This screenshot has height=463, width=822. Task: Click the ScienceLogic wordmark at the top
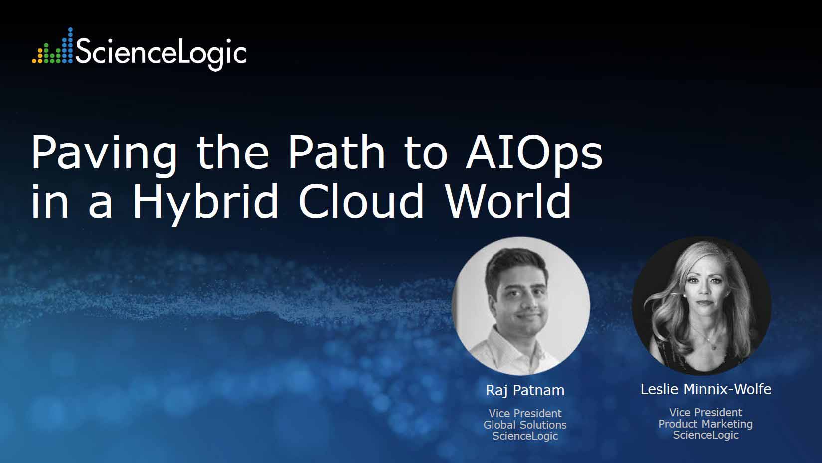[x=161, y=52]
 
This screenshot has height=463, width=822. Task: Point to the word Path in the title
[x=337, y=152]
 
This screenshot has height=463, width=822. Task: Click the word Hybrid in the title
[x=205, y=202]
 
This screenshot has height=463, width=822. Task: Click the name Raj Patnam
[x=525, y=390]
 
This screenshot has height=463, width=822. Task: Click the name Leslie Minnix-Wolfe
[x=706, y=389]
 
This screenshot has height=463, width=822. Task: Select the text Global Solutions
[x=525, y=425]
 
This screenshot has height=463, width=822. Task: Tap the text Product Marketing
[x=706, y=424]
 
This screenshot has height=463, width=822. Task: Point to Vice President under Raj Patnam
[x=525, y=413]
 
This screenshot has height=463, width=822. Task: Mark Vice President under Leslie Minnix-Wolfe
[x=706, y=412]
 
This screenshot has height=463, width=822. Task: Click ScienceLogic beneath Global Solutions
[x=525, y=436]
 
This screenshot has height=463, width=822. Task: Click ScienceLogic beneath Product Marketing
[x=706, y=435]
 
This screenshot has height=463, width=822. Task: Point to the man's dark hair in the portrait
[x=515, y=264]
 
